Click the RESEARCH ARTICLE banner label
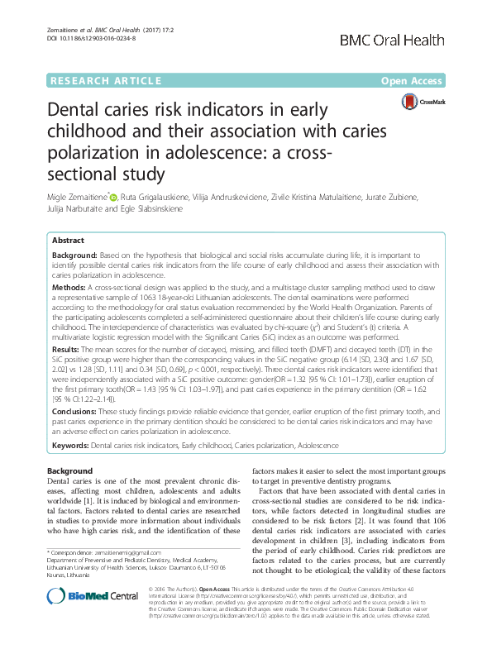coord(105,80)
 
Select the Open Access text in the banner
coord(415,80)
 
